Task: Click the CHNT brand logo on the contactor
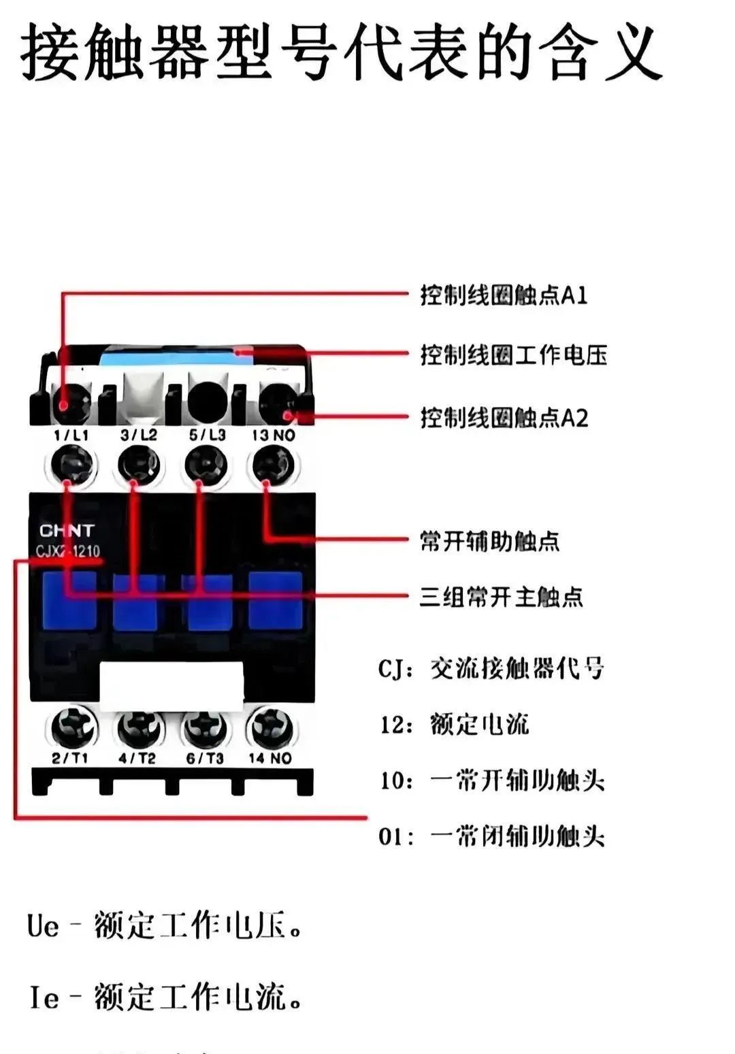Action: coord(67,530)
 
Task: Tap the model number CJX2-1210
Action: coord(68,550)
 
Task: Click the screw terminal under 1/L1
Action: coord(71,465)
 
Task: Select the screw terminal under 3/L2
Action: coord(138,465)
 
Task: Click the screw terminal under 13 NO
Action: coord(273,465)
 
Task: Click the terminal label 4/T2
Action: coord(137,758)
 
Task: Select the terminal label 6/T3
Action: coord(205,758)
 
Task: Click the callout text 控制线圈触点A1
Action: coord(504,295)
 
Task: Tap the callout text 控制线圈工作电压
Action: coord(513,355)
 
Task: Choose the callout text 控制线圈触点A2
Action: coord(504,417)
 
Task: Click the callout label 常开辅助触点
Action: coord(489,542)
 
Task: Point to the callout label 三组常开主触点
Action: coord(501,597)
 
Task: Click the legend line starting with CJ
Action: coord(491,669)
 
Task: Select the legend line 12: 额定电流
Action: coord(454,724)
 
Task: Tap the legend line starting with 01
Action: coord(491,836)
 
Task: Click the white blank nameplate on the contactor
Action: coord(171,684)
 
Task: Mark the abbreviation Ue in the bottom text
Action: coord(43,926)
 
